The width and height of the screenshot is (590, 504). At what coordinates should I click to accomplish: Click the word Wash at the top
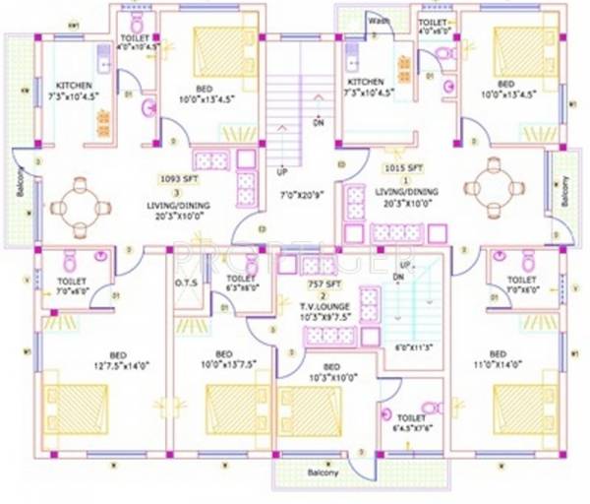pos(378,20)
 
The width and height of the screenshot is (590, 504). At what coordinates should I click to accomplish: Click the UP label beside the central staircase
pos(282,169)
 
